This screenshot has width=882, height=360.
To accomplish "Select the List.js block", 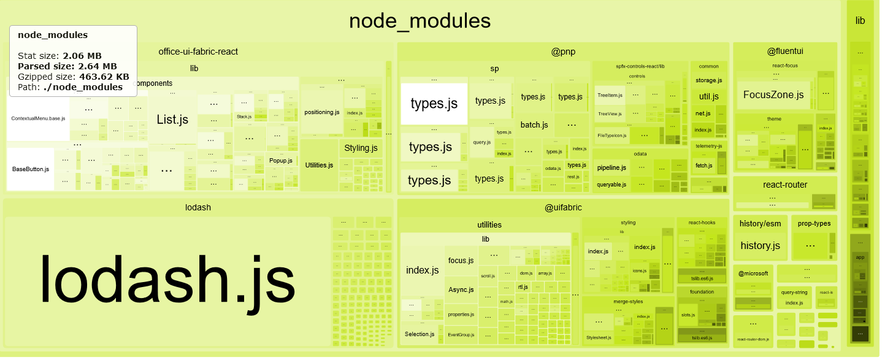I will pos(172,120).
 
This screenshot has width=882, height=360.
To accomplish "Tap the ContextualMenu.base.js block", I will pos(38,118).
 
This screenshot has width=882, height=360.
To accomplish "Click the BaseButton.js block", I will pos(31,169).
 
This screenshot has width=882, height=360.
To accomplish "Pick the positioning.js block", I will pos(321,112).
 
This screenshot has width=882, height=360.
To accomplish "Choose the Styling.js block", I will pos(361,148).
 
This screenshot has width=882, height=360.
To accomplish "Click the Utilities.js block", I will pos(319,165).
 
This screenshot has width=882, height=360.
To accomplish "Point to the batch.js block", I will pos(534,125).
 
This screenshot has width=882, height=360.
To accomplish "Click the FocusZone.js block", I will pos(773,94).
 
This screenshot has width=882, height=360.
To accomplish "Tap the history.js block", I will pos(760,246).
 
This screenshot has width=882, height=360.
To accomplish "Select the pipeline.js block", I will pos(611,167).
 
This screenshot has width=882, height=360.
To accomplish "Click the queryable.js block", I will pos(611,184).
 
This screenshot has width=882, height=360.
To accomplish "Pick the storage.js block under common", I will pos(708,80).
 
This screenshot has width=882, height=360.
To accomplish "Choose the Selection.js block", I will pos(420,334).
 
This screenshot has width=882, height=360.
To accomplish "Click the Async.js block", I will pos(461,289).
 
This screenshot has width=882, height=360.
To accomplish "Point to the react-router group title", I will pos(784,185).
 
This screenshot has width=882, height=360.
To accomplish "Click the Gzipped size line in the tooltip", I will pos(73,77).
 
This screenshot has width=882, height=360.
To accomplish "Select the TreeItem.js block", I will pos(610,95).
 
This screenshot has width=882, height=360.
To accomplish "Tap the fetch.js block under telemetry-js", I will pos(704,166).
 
